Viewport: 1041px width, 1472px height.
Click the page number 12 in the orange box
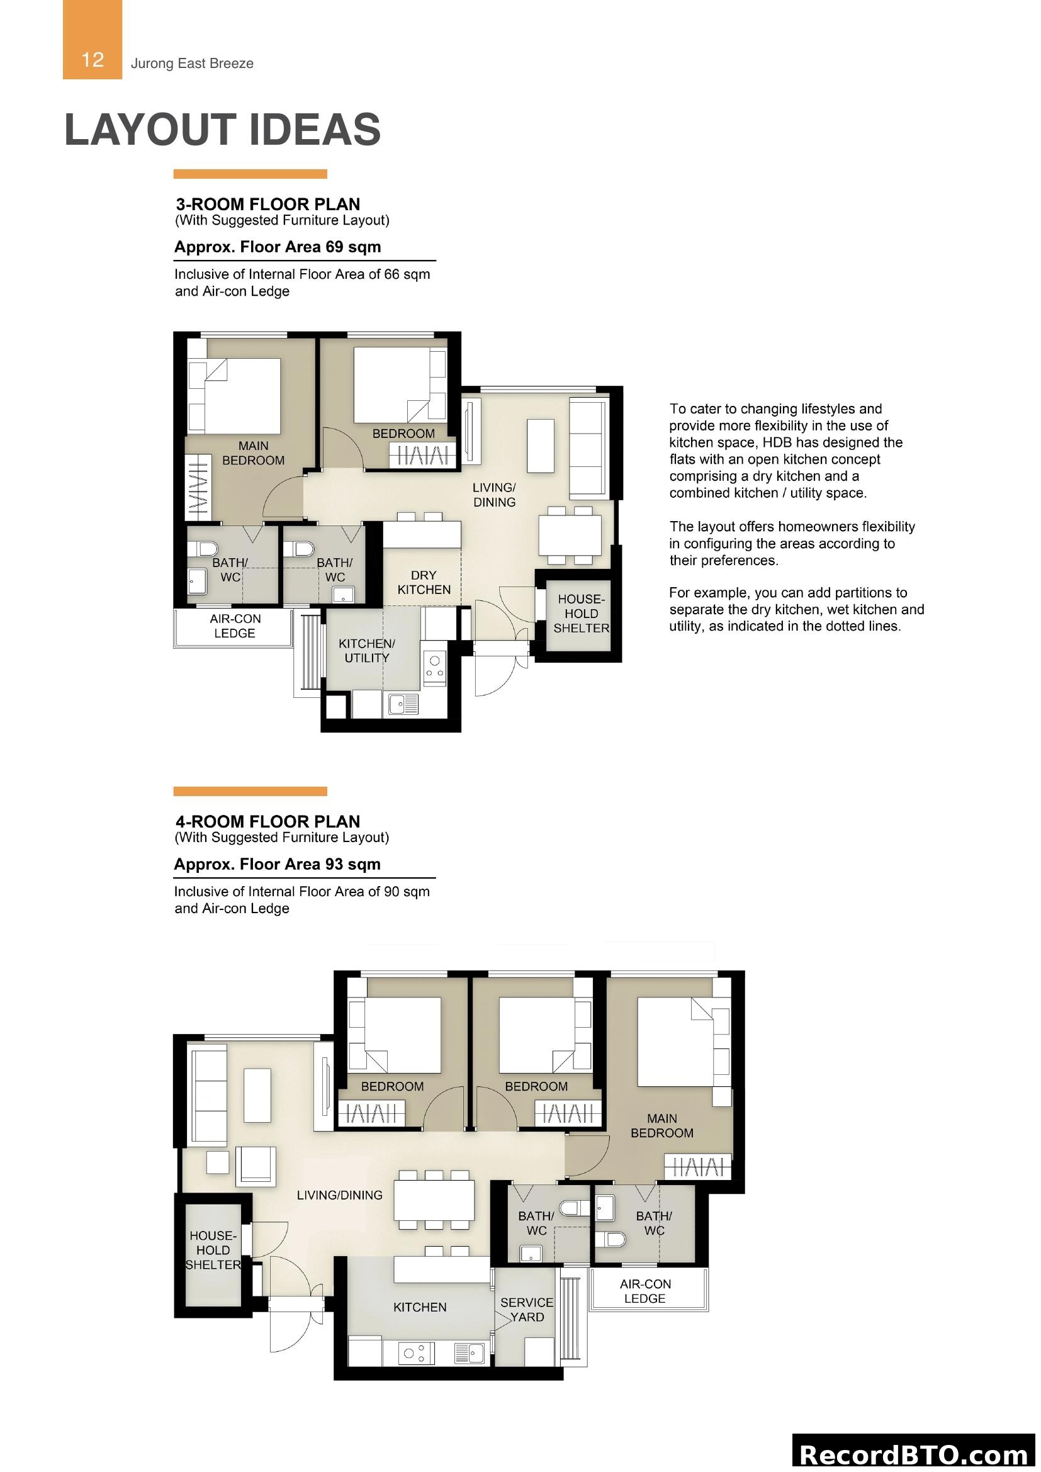(93, 60)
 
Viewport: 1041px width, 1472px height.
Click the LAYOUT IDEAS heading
(222, 130)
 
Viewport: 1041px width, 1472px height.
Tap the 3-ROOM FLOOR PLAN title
(268, 204)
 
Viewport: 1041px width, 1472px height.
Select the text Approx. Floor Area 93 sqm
(277, 863)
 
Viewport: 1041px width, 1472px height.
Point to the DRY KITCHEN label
(423, 582)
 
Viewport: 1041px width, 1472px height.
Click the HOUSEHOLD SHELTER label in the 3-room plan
(581, 614)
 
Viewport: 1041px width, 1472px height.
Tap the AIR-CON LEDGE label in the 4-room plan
(645, 1291)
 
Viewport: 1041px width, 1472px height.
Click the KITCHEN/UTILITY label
(367, 650)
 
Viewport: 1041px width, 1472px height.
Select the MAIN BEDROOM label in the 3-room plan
(253, 452)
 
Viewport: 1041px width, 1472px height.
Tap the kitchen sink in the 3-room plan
(402, 705)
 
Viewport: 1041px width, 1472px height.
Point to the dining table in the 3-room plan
(570, 535)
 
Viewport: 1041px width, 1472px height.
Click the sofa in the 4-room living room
(210, 1094)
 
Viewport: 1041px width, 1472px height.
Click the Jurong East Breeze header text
(192, 64)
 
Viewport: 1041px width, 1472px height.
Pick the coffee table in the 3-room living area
(541, 446)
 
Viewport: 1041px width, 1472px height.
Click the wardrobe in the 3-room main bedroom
(198, 487)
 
